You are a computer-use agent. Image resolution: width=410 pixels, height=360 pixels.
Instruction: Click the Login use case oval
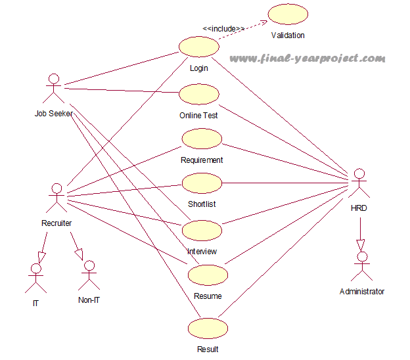198,47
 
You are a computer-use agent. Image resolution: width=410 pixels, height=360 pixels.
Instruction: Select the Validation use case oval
288,14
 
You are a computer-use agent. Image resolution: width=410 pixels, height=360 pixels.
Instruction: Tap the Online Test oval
198,94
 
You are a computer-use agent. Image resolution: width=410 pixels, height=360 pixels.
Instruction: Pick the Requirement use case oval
202,139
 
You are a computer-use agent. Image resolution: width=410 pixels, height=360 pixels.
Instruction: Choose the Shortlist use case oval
202,183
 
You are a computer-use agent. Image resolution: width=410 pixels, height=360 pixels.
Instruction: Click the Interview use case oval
202,230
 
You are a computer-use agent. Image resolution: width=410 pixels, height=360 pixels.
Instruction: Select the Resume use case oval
208,275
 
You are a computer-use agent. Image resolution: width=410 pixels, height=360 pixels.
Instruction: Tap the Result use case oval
208,328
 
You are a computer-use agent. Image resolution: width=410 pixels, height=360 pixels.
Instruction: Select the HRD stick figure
359,185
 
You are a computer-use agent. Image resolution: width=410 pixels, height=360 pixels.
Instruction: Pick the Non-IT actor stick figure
89,277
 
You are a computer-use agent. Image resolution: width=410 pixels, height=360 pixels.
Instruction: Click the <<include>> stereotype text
223,29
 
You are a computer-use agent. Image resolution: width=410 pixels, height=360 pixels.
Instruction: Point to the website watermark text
307,58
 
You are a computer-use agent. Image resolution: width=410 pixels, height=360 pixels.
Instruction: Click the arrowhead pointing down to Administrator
360,244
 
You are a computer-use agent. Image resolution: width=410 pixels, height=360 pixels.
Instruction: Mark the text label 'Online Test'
198,115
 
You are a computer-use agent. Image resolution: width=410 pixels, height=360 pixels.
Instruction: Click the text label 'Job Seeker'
54,113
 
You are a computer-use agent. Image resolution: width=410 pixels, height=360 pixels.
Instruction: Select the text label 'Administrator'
361,291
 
